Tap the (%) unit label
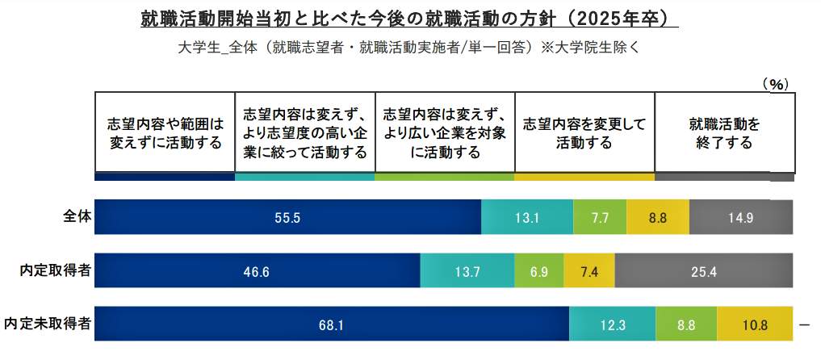775,83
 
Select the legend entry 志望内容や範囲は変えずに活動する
165,134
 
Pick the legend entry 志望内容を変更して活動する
584,134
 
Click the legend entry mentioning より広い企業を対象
445,134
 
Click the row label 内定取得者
56,270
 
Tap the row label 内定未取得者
48,324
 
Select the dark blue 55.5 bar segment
287,217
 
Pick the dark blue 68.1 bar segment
332,325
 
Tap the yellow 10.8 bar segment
755,325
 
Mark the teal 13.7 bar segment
467,271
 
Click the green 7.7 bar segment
600,217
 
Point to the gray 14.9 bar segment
741,217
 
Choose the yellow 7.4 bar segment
589,271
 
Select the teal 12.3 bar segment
613,325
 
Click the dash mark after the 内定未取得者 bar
804,324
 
